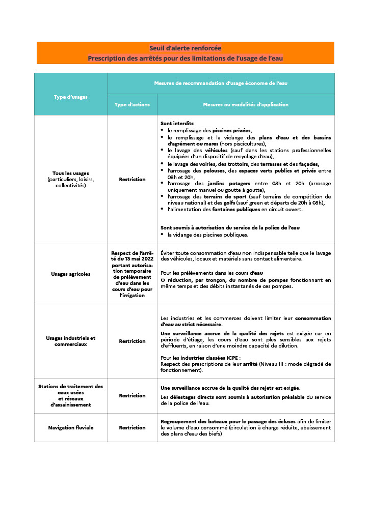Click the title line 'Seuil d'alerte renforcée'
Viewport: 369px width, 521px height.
click(185, 48)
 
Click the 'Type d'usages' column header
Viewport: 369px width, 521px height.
click(70, 97)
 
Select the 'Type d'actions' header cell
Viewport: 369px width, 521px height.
click(132, 105)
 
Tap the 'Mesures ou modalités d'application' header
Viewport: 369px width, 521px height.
click(246, 105)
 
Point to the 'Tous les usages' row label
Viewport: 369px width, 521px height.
click(70, 173)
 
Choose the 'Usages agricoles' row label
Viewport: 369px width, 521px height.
click(70, 274)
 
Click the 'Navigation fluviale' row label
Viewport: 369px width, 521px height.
click(70, 428)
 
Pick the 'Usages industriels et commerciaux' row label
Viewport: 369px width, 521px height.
click(70, 341)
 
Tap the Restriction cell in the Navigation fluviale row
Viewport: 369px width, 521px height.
click(132, 428)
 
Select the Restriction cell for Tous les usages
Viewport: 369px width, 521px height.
click(132, 180)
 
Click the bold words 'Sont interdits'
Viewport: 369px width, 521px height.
click(177, 124)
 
